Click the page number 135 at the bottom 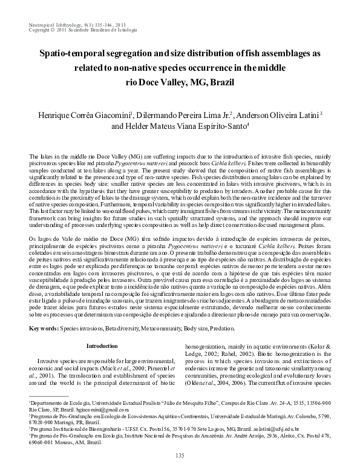click(x=179, y=456)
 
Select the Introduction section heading click(x=102, y=346)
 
